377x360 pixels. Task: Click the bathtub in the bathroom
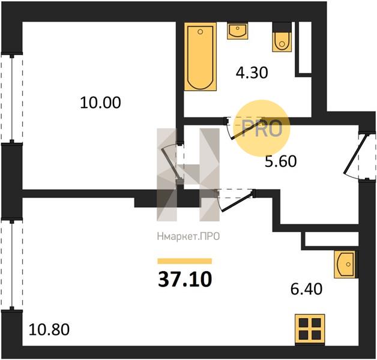click(x=201, y=57)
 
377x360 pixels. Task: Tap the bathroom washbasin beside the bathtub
click(x=237, y=31)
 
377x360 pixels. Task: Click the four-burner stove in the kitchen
click(x=310, y=330)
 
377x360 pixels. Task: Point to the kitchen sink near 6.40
click(x=345, y=265)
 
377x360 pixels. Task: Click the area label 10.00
click(x=100, y=103)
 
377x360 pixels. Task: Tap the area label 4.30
click(x=252, y=73)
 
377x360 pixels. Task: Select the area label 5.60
click(x=280, y=161)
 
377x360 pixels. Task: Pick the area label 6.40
click(x=306, y=289)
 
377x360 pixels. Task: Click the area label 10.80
click(x=49, y=329)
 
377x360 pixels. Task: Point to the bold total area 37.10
click(x=185, y=280)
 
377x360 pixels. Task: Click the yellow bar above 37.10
click(x=185, y=261)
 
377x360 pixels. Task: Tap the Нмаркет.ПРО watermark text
click(x=188, y=236)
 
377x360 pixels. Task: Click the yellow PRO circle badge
click(x=262, y=128)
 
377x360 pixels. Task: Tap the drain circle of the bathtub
click(x=201, y=31)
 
